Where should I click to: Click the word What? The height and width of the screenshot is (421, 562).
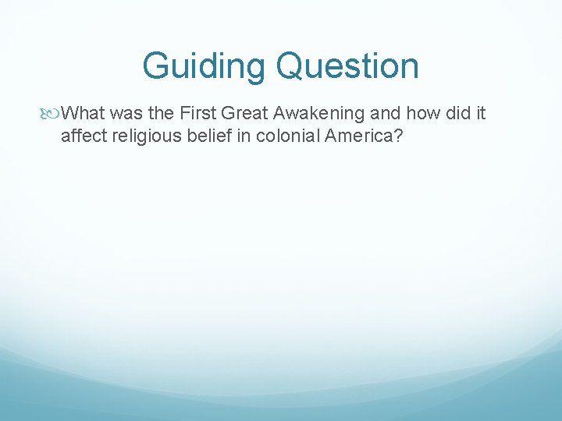(81, 114)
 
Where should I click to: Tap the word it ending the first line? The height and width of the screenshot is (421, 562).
(481, 114)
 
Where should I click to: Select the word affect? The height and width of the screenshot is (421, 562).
(82, 136)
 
